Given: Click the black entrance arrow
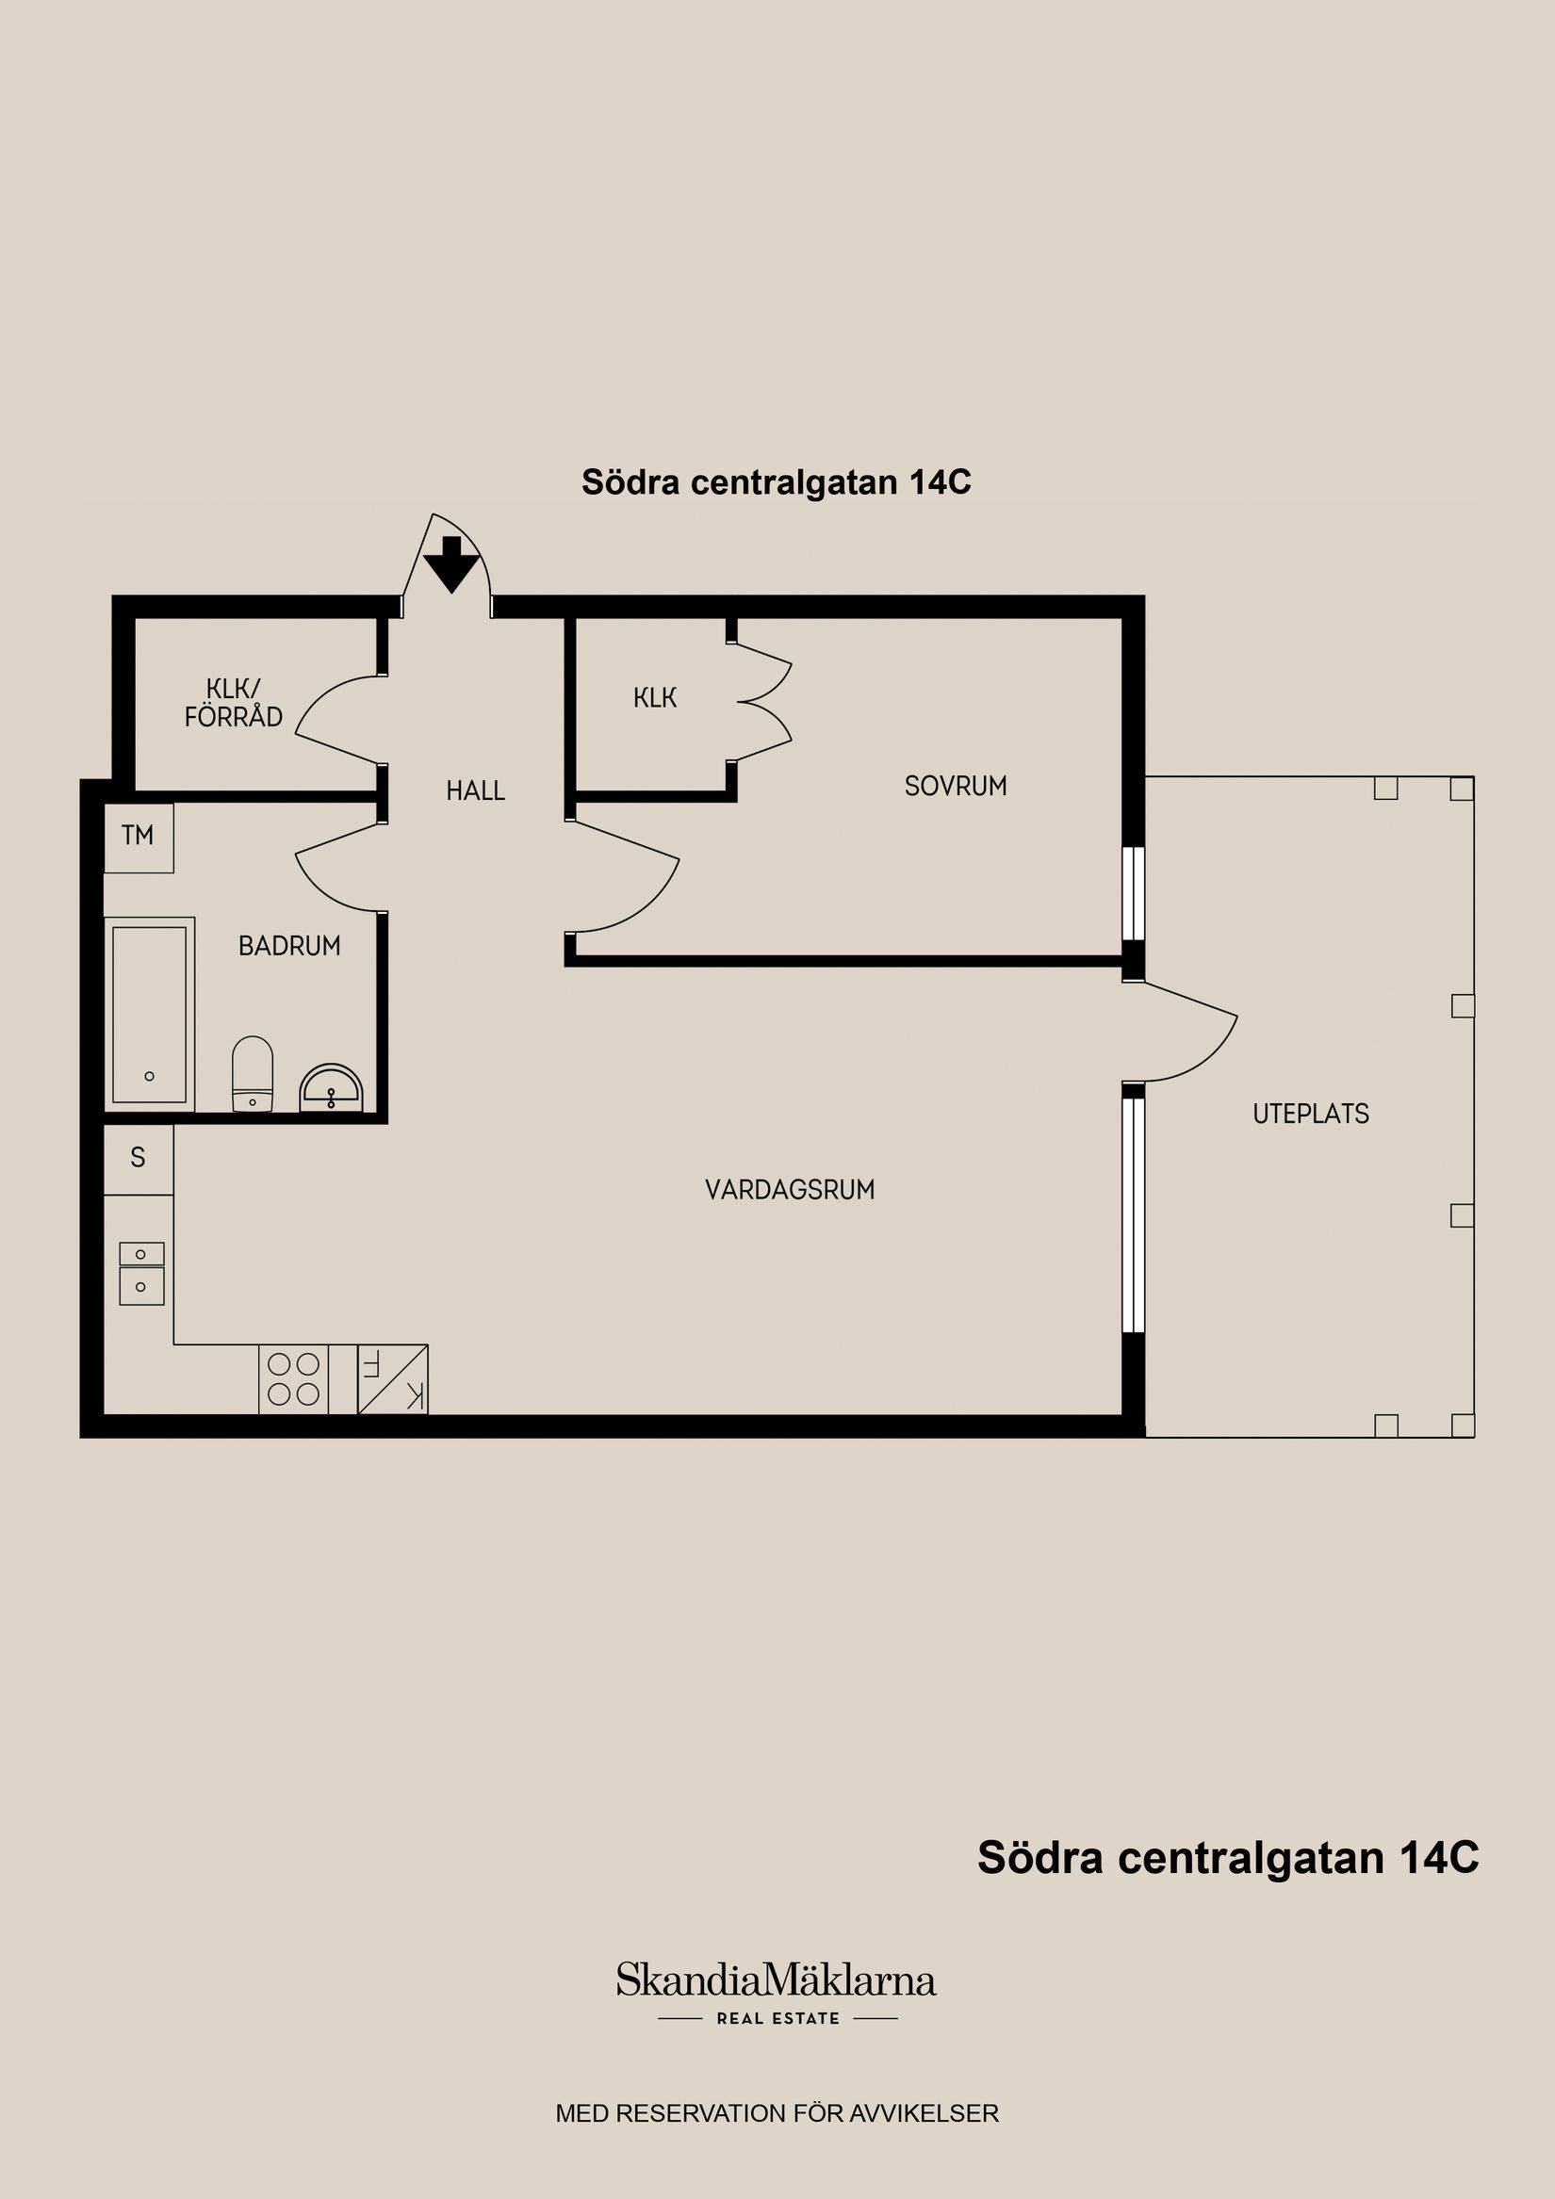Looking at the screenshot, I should point(451,565).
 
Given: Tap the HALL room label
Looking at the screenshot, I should point(475,790).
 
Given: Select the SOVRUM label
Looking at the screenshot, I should point(956,786).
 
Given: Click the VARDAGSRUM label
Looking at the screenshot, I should point(790,1190).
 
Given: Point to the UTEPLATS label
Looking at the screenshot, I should point(1311,1113).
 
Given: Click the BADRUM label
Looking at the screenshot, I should point(289,945).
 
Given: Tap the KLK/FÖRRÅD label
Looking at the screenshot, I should point(233,703).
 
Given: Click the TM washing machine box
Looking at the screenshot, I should point(138,836).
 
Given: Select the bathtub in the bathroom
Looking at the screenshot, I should point(150,1015).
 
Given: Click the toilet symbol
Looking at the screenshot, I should point(253,1075).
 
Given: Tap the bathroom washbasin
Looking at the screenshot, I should point(332,1089).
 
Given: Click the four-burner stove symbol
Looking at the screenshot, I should point(293,1379).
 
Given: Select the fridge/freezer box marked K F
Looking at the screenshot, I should point(393,1379).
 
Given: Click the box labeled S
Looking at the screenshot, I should point(138,1159).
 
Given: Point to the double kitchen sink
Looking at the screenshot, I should point(140,1273).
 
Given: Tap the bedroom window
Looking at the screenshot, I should point(1134,893).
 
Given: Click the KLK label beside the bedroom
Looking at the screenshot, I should point(655,698).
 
